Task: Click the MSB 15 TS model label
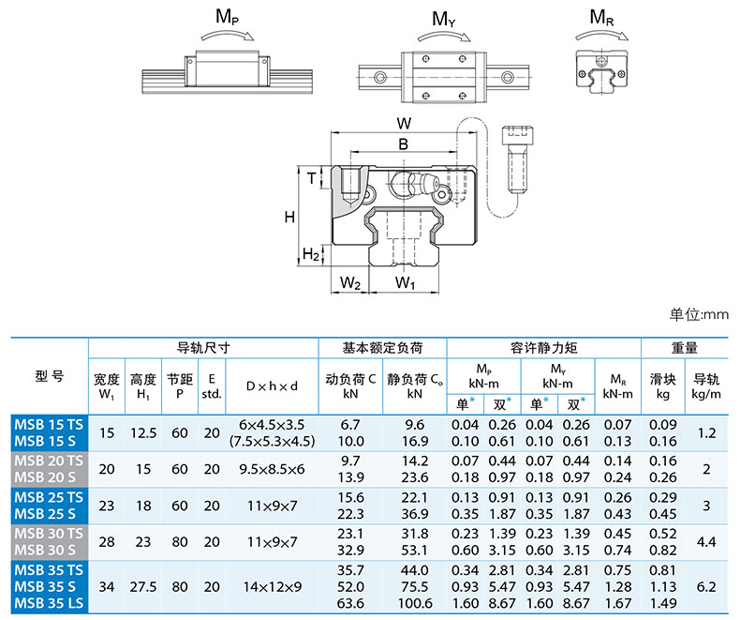tap(49, 424)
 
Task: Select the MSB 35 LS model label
tap(49, 603)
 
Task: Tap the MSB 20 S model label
tap(45, 477)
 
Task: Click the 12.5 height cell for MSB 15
tap(143, 432)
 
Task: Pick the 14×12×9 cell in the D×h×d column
tap(273, 587)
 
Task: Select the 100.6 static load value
tap(415, 603)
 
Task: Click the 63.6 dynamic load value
tap(350, 603)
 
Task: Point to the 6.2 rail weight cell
tap(706, 587)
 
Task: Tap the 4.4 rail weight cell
tap(706, 541)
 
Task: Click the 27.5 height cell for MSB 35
tap(143, 587)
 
